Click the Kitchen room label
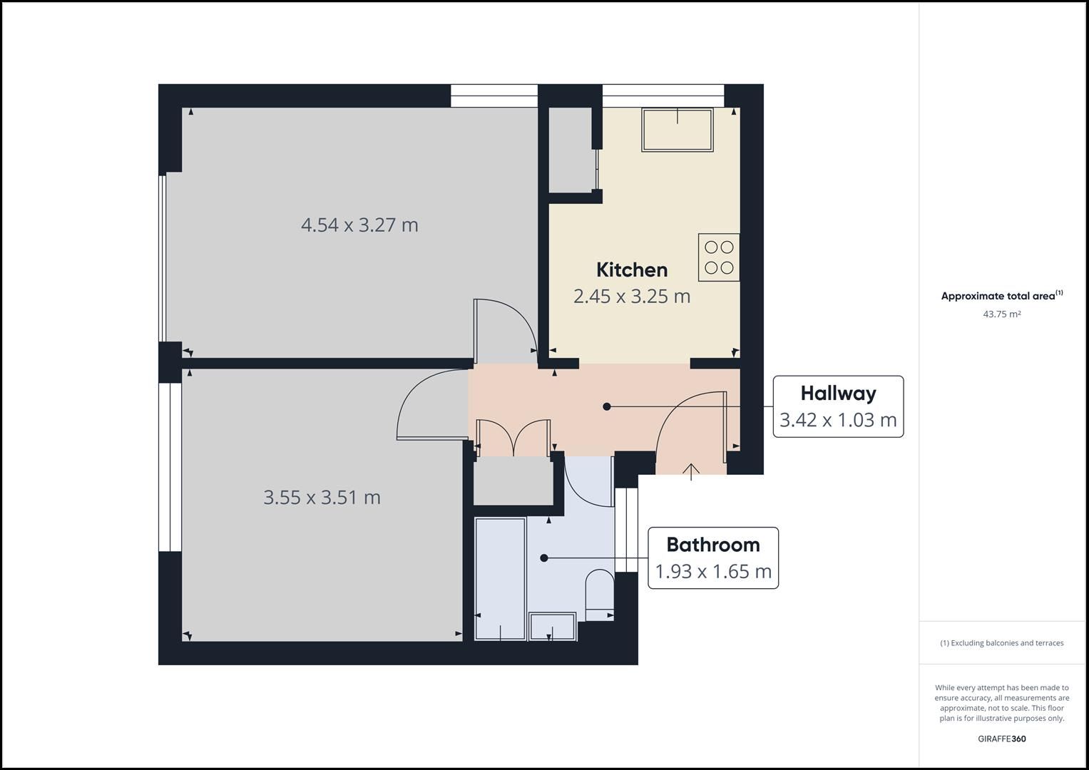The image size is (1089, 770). tap(632, 269)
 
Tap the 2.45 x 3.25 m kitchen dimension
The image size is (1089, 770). tap(632, 296)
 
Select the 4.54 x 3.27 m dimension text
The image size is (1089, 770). tap(359, 225)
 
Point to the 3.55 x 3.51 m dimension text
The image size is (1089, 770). tap(322, 498)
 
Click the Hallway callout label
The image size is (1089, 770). tap(838, 394)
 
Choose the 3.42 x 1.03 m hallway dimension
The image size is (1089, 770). tap(838, 419)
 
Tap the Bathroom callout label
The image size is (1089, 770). tap(713, 545)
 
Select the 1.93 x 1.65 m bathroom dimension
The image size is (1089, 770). tap(713, 571)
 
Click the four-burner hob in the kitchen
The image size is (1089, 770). tap(719, 257)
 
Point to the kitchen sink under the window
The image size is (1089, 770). tap(678, 130)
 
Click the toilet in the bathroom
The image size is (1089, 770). tap(600, 595)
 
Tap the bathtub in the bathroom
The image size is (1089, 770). tap(500, 579)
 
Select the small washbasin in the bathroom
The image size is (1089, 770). tap(553, 627)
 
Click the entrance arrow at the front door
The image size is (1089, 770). tap(691, 472)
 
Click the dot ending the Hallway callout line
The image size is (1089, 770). tap(607, 406)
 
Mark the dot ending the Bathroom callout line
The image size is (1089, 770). tap(544, 558)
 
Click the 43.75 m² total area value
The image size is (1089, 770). tap(1001, 314)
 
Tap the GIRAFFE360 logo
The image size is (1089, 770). tap(1001, 739)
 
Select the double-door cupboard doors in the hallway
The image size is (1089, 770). tap(514, 438)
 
